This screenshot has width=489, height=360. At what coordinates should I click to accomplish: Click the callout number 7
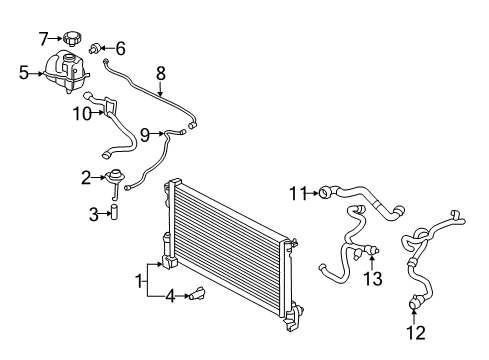[x=43, y=39]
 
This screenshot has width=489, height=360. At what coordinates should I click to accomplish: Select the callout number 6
[x=121, y=47]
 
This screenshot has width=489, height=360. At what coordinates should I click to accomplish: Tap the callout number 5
[x=23, y=72]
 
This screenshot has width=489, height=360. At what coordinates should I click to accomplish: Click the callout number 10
[x=82, y=113]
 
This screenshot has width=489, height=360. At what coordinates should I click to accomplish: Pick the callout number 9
[x=144, y=133]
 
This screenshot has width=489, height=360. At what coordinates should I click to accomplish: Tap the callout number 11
[x=297, y=191]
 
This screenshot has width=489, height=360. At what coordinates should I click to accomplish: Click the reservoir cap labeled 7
[x=71, y=40]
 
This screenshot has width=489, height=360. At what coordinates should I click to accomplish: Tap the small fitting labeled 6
[x=98, y=47]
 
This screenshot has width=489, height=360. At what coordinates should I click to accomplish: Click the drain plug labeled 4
[x=202, y=294]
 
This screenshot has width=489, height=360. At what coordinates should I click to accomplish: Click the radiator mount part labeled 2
[x=115, y=180]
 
